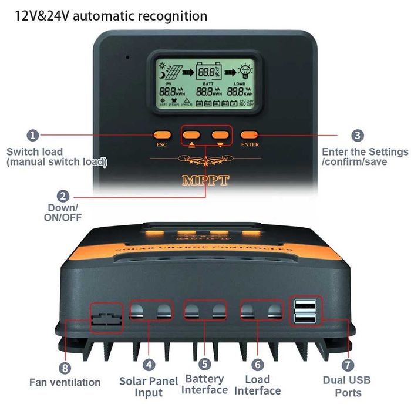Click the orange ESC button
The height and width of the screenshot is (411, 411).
pyautogui.click(x=162, y=135)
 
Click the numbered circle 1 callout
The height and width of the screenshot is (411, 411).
pyautogui.click(x=33, y=136)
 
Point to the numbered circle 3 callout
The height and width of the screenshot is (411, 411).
pyautogui.click(x=358, y=136)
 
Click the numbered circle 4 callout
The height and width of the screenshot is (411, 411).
pyautogui.click(x=149, y=365)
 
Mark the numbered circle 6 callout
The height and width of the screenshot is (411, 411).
pyautogui.click(x=258, y=365)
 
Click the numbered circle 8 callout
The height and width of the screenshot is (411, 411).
pyautogui.click(x=65, y=368)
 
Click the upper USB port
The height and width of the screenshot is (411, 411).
pyautogui.click(x=306, y=305)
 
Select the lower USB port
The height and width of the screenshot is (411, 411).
pyautogui.click(x=306, y=318)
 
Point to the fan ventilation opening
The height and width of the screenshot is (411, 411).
pyautogui.click(x=106, y=318)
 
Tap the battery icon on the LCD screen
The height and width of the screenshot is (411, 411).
pyautogui.click(x=207, y=72)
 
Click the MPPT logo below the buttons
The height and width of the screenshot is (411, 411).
pyautogui.click(x=206, y=180)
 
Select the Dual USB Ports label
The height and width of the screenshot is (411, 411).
pyautogui.click(x=346, y=386)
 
